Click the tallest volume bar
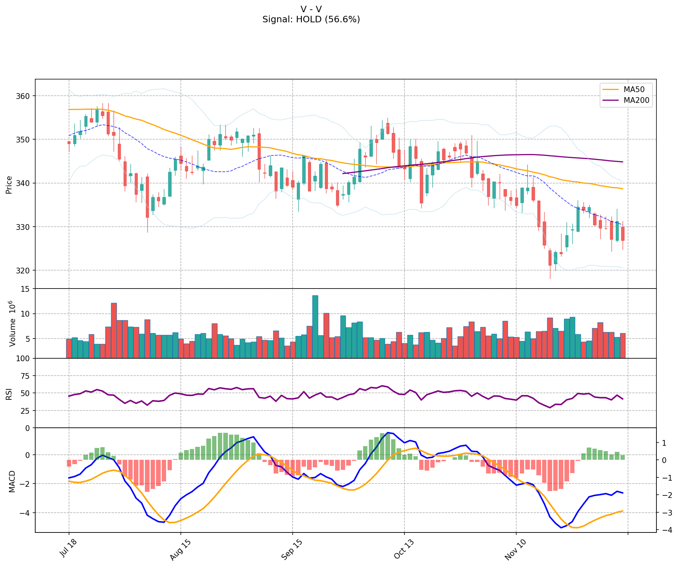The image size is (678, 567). (x=315, y=327)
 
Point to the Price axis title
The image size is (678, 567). (x=9, y=185)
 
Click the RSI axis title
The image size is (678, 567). (x=9, y=394)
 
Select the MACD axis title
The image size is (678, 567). (x=12, y=481)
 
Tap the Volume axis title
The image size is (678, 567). (x=13, y=323)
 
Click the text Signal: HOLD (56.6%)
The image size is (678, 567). (x=311, y=19)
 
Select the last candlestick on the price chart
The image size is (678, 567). (x=623, y=233)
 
